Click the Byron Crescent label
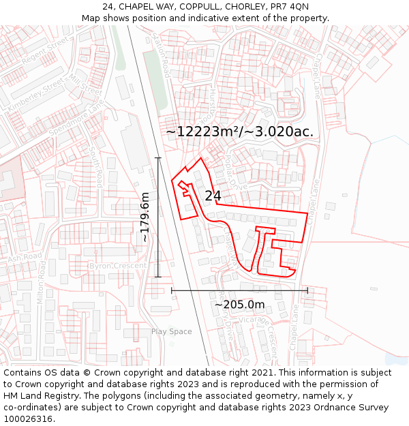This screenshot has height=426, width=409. click(118, 266)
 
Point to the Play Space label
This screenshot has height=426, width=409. click(171, 332)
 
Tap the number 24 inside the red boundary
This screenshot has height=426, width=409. click(213, 196)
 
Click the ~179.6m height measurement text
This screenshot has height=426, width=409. click(145, 217)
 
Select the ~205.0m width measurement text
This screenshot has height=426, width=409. click(239, 305)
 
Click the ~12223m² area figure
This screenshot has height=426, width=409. click(203, 132)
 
